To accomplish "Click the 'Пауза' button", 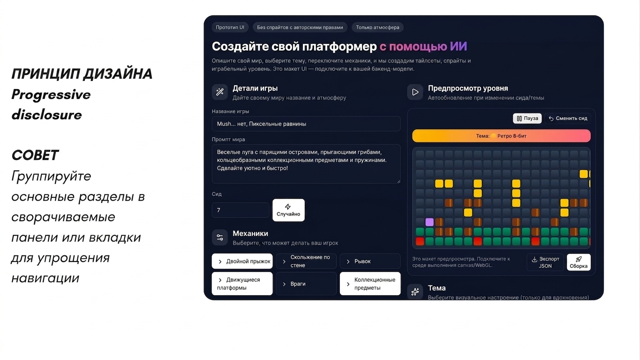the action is point(527,118).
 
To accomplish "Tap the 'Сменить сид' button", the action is point(568,118).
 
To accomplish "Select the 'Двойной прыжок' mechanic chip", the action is point(242,261).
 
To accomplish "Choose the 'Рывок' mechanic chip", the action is point(370,261).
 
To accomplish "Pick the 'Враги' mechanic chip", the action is point(306,284).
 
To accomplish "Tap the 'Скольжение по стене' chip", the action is point(306,261).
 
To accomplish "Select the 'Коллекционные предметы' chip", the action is point(370,284).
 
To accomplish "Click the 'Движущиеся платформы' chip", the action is point(242,284).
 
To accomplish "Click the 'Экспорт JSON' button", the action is point(545,262).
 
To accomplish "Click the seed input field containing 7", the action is point(240,210).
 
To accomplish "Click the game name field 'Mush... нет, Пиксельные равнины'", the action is point(306,124).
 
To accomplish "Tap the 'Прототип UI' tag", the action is point(230,28).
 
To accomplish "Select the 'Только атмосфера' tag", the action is point(377,28).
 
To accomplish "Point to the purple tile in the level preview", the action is point(429,222).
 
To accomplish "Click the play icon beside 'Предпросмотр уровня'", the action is point(415,92).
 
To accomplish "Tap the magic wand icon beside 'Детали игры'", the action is point(220,92).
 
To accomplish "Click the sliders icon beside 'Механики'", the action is point(220,238).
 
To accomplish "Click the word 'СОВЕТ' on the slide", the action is point(35,156).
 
